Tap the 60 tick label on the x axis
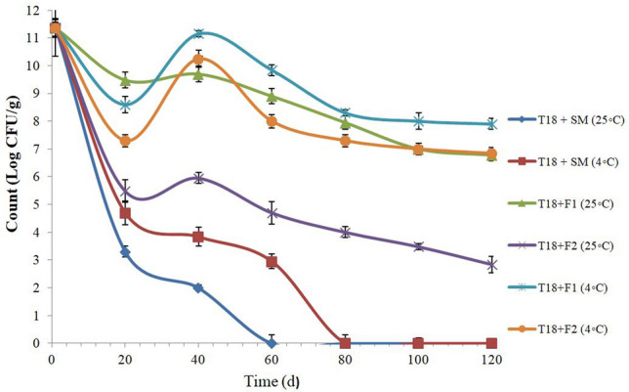coord(272,358)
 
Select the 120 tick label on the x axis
coord(490,358)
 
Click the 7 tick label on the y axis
coord(36,150)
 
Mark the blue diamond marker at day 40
coord(198,287)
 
